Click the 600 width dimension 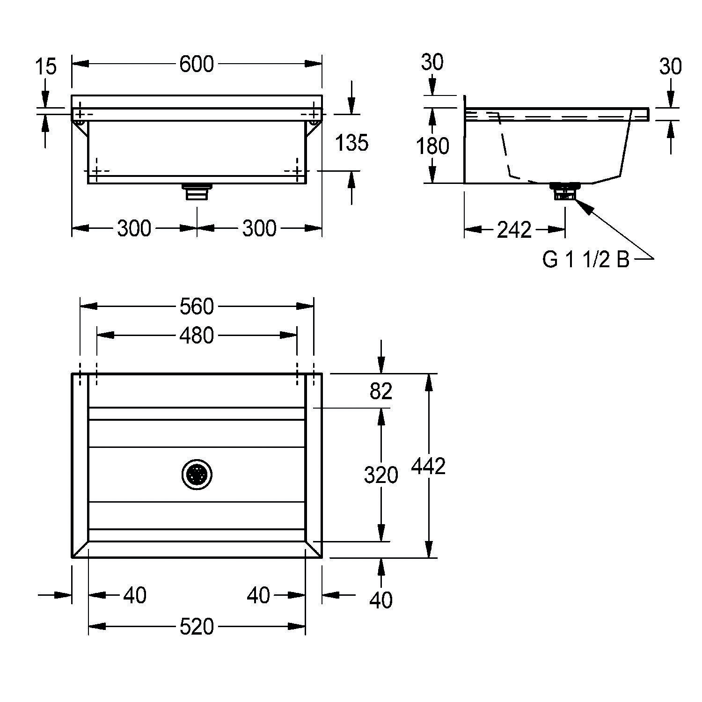(x=197, y=64)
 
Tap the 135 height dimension (x=352, y=143)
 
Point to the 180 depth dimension (x=432, y=146)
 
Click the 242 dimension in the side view (x=514, y=229)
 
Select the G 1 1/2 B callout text (x=586, y=259)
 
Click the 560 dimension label (x=197, y=307)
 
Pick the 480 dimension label (x=197, y=336)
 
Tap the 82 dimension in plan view (x=380, y=391)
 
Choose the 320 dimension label (x=380, y=475)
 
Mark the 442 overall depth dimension (x=428, y=466)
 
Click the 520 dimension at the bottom (x=197, y=626)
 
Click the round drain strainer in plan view (x=197, y=475)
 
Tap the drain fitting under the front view (x=197, y=191)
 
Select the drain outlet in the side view (x=565, y=192)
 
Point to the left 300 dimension (x=134, y=228)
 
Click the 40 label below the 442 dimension (x=380, y=600)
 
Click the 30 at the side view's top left (x=432, y=62)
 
